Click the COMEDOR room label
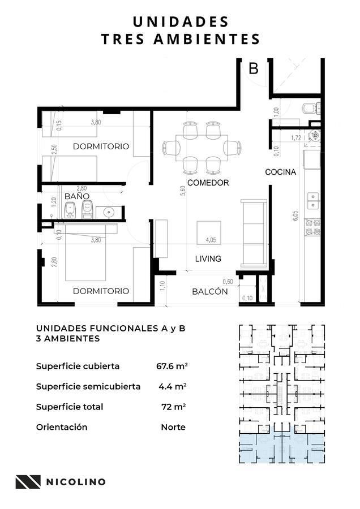[208, 183]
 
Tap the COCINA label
[280, 172]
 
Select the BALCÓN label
[209, 291]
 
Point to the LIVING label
[208, 258]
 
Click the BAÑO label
[76, 196]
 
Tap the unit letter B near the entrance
[254, 68]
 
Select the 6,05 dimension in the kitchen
[295, 216]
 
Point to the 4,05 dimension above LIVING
[211, 240]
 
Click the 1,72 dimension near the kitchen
[295, 137]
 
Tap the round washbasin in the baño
[109, 212]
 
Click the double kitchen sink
[313, 201]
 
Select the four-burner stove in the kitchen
[312, 227]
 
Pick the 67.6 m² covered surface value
[172, 366]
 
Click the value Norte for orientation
[173, 427]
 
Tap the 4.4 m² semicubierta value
[172, 386]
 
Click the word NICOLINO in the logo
[76, 482]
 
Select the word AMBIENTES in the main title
[207, 39]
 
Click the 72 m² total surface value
[174, 407]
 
